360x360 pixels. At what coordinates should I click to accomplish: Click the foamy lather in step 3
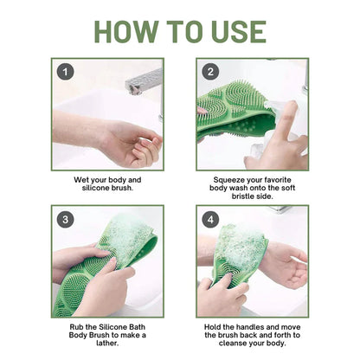130,242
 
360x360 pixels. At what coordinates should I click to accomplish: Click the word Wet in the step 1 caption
82,180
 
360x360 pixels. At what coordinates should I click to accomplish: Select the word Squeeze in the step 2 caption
232,180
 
